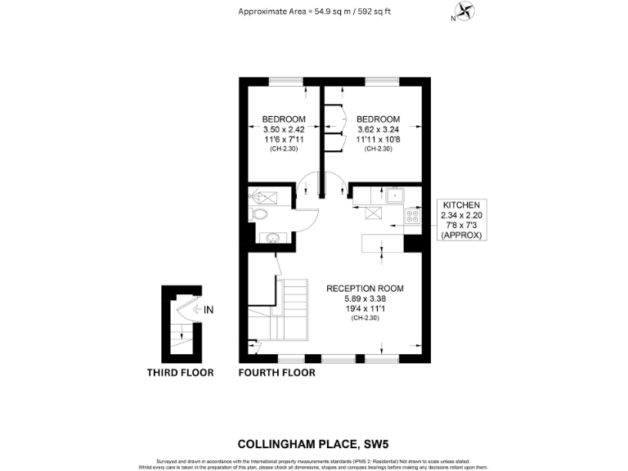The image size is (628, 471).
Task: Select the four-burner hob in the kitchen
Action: [x=413, y=217]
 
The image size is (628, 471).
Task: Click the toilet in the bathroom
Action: [x=259, y=214]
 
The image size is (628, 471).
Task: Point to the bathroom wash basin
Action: [x=271, y=238]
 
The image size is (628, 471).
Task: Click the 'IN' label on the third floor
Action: [x=209, y=309]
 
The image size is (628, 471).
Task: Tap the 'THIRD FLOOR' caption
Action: [x=180, y=373]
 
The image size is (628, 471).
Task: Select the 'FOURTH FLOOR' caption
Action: [x=276, y=373]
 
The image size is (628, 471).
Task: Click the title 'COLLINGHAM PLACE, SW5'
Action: [x=313, y=445]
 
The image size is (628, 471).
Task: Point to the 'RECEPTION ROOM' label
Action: [x=365, y=289]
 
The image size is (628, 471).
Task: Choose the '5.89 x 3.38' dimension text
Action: [x=365, y=298]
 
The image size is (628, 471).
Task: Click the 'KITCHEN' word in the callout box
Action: [x=462, y=204]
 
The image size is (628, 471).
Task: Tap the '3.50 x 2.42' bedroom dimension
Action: [x=284, y=129]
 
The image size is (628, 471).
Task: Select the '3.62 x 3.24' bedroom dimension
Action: [x=379, y=129]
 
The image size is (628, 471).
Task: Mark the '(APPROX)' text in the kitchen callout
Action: [x=462, y=235]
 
